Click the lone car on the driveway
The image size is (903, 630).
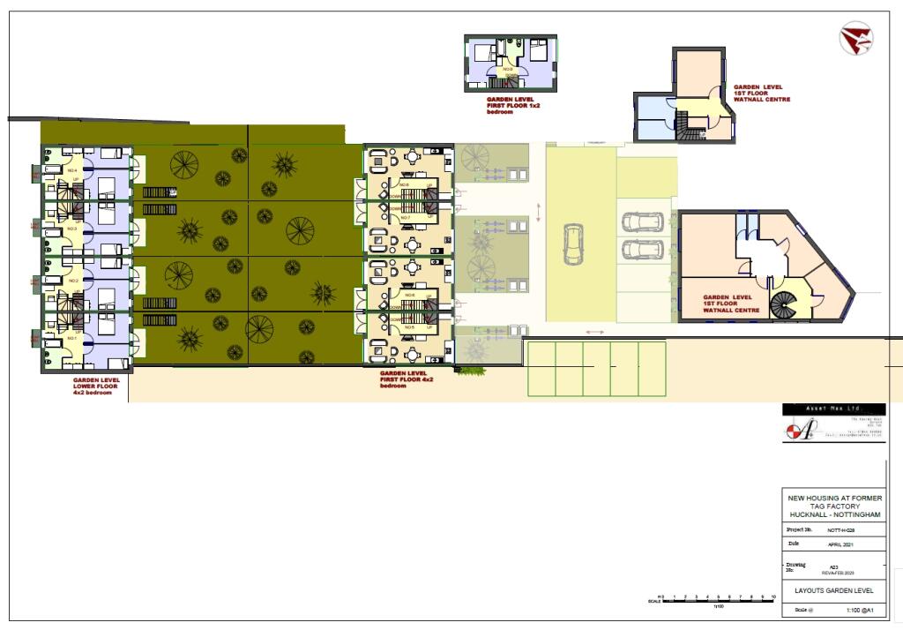[x=573, y=244]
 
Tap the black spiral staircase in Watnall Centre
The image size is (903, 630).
[x=782, y=305]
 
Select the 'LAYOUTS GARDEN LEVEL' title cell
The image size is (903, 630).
[x=833, y=589]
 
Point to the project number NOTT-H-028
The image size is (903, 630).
[x=841, y=530]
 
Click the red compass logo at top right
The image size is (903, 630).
[x=855, y=39]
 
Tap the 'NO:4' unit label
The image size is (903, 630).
[x=72, y=170]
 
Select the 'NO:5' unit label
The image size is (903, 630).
[x=408, y=327]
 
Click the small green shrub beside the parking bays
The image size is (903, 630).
[x=472, y=370]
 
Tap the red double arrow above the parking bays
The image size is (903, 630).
[x=595, y=333]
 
